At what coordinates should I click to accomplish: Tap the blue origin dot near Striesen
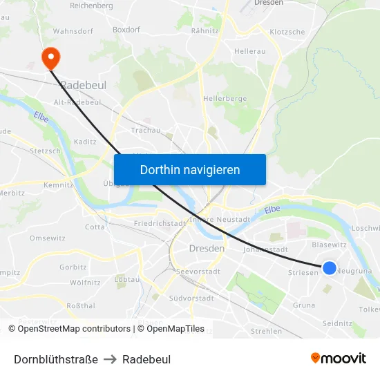[x=330, y=267]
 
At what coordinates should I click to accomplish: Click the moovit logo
[x=338, y=359]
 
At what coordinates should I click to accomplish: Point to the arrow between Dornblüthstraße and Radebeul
[x=111, y=359]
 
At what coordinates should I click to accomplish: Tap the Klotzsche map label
[x=287, y=32]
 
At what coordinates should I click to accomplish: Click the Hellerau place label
[x=250, y=51]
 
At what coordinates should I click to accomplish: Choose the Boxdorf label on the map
[x=126, y=30]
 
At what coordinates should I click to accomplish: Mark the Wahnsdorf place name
[x=73, y=31]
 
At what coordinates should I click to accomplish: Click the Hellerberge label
[x=225, y=99]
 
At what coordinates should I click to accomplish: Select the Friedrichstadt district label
[x=160, y=223]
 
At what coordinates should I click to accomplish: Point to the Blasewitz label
[x=329, y=245]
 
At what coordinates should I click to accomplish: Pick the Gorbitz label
[x=73, y=267]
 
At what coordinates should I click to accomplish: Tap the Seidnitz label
[x=337, y=323]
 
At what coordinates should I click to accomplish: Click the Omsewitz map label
[x=47, y=238]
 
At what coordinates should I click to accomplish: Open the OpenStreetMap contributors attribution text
[x=74, y=329]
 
